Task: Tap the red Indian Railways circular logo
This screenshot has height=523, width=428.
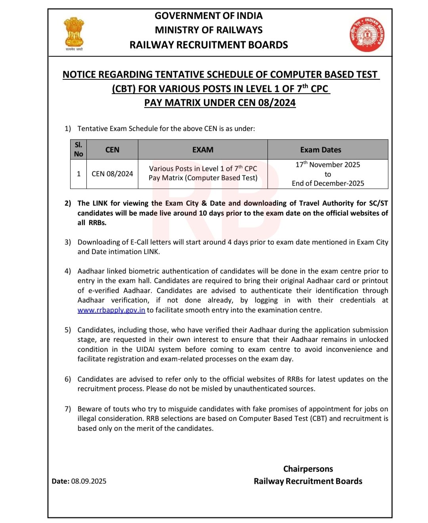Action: (367, 35)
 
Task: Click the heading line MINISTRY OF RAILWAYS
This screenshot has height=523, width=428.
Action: (208, 30)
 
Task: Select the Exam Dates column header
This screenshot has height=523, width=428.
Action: (320, 150)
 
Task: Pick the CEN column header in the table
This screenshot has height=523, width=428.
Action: (112, 150)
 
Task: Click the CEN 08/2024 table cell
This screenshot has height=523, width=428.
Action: (112, 174)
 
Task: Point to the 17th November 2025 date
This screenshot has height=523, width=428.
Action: (328, 165)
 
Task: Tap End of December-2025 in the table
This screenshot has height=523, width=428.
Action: (328, 183)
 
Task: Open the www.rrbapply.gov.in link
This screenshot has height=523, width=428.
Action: (111, 310)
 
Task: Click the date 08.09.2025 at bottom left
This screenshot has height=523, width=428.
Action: (89, 481)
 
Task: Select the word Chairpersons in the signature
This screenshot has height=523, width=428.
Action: (308, 469)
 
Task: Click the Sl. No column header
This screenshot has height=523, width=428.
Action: (78, 149)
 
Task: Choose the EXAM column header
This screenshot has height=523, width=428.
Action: (203, 150)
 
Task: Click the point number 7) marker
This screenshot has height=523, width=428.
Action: (68, 409)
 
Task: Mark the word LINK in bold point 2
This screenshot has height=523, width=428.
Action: (100, 203)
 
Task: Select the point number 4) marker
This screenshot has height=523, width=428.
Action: (68, 271)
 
